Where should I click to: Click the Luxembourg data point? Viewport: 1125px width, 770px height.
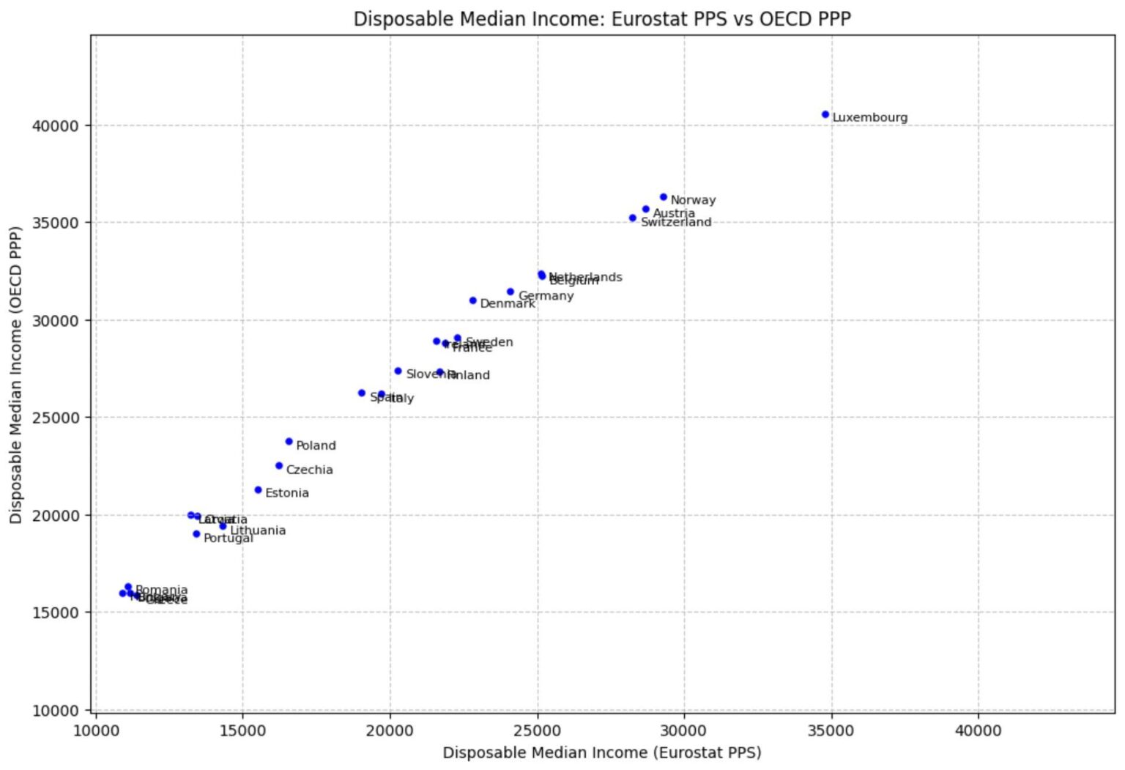point(825,114)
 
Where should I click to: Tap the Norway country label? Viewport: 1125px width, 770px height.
point(692,200)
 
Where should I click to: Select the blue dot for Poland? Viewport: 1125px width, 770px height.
point(289,442)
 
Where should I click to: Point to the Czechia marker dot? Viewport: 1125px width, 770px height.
point(278,466)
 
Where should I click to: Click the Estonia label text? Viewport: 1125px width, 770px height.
point(286,493)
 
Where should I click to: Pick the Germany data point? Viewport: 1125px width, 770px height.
point(510,292)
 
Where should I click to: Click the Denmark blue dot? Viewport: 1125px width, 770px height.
point(472,300)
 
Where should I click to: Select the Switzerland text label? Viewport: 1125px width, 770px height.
point(675,222)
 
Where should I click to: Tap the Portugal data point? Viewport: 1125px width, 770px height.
point(196,534)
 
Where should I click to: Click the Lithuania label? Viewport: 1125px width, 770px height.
point(257,530)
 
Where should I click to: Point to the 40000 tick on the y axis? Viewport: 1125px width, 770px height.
point(55,126)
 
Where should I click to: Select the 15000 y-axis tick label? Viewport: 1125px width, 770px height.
point(55,612)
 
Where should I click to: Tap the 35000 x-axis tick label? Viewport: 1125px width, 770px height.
point(831,730)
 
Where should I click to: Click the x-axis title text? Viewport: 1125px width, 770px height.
point(601,752)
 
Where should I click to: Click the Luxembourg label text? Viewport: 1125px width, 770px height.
point(869,117)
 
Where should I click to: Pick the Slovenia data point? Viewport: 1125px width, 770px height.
point(398,371)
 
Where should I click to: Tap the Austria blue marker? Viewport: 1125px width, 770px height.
point(645,209)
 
